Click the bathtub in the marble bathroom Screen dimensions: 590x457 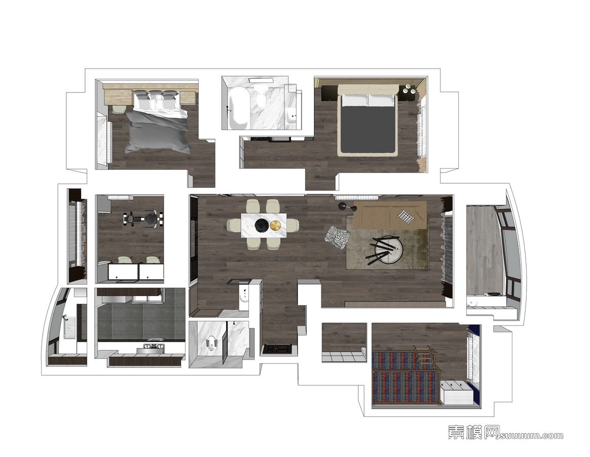click(237, 108)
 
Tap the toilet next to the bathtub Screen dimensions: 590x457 click(260, 94)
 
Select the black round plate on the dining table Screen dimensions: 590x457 click(262, 225)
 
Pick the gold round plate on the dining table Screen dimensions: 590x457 click(276, 225)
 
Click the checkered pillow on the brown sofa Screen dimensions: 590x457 click(406, 216)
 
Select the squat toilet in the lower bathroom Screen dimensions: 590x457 click(211, 343)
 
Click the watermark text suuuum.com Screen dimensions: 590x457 click(531, 436)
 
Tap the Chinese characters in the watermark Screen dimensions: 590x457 click(474, 432)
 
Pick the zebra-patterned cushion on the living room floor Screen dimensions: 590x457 click(338, 237)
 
